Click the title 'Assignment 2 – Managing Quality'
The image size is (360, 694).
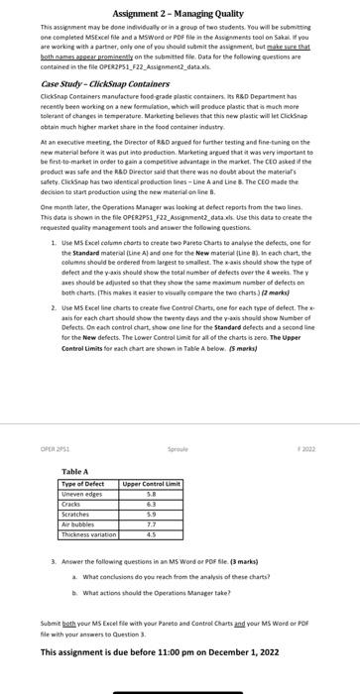180,9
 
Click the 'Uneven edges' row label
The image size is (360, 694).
79,493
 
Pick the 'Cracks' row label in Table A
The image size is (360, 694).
71,503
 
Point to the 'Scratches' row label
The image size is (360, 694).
75,514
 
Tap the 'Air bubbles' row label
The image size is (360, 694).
77,523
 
